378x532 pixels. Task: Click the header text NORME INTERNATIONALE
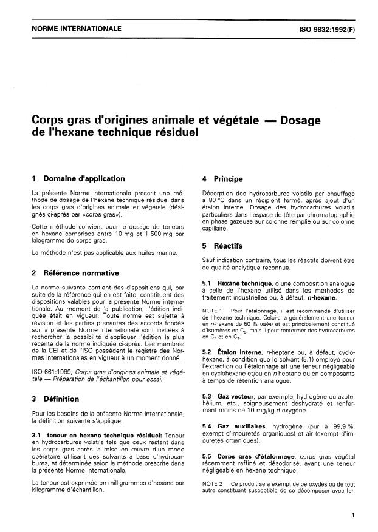point(68,29)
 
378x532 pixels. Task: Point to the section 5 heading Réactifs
point(227,246)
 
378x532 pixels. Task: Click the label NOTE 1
point(212,311)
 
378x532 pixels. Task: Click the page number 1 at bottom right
point(353,514)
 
